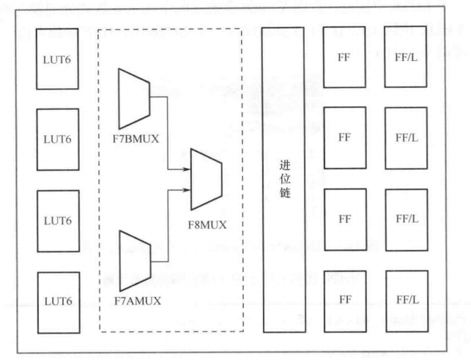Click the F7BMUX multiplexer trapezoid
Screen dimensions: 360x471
tap(133, 98)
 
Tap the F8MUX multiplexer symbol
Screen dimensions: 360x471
tap(207, 179)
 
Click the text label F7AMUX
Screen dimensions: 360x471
tap(138, 300)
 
